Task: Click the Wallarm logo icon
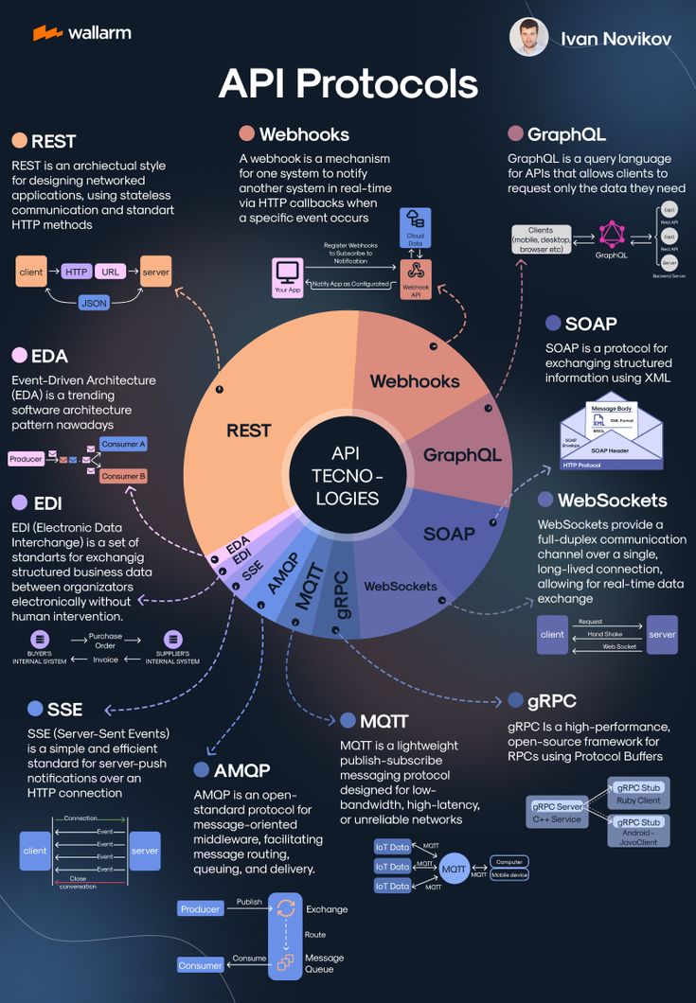point(47,33)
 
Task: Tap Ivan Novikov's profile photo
point(528,37)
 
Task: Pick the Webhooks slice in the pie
point(414,381)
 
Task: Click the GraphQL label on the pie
point(462,455)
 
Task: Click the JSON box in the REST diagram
point(93,304)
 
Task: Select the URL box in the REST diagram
point(111,272)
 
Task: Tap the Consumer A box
point(123,444)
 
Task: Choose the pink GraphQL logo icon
point(611,234)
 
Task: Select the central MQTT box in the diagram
point(454,867)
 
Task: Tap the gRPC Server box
point(557,812)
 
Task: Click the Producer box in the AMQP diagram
point(200,908)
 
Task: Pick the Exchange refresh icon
point(285,908)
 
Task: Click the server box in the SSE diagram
point(145,851)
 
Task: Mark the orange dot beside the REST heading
point(19,141)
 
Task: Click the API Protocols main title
point(348,83)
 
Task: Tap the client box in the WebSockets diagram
point(552,634)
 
